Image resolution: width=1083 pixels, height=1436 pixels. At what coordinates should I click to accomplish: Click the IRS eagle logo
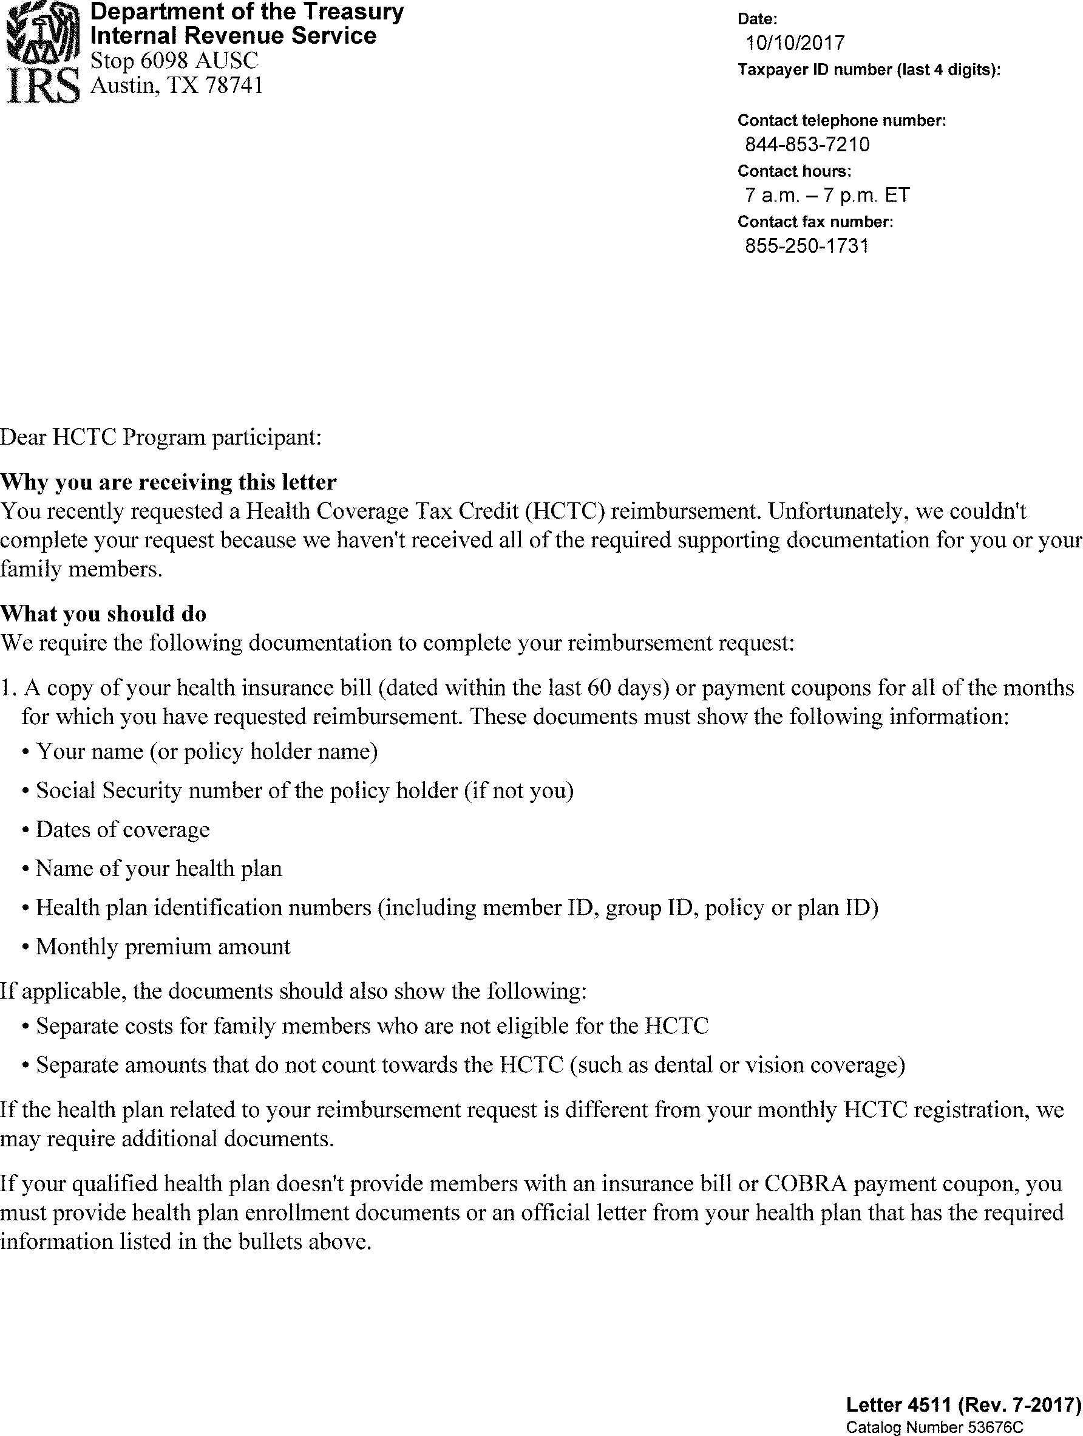[x=41, y=52]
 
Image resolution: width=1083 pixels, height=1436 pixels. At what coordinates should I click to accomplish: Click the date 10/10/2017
[x=795, y=44]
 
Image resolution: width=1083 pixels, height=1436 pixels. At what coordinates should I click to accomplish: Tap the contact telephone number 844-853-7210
[x=807, y=145]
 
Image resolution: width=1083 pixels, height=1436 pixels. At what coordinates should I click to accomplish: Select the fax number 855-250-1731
[x=806, y=246]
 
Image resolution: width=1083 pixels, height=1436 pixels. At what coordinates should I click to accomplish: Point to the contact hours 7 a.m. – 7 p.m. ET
[x=827, y=196]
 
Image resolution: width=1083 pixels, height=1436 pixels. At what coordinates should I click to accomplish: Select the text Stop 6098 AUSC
[x=174, y=61]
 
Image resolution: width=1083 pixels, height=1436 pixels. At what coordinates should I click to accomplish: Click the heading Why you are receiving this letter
[x=168, y=482]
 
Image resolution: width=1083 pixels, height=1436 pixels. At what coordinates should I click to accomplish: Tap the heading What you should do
[x=103, y=614]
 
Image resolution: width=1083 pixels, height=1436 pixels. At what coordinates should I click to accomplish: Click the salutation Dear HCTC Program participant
[x=160, y=437]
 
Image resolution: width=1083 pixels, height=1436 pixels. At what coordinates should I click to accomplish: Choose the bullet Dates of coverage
[x=123, y=830]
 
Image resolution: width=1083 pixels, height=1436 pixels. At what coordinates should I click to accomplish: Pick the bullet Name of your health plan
[x=159, y=869]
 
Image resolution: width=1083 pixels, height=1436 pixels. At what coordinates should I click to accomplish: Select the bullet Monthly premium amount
[x=163, y=946]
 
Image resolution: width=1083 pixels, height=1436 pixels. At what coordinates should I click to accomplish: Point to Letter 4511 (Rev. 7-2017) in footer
[x=963, y=1405]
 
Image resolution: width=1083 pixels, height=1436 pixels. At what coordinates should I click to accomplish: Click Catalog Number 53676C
[x=934, y=1427]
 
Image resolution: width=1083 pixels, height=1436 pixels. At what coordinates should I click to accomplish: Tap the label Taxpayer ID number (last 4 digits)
[x=869, y=70]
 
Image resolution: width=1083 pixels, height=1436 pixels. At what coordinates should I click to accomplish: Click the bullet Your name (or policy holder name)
[x=206, y=751]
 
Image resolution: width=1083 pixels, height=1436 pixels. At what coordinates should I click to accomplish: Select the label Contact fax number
[x=815, y=222]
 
